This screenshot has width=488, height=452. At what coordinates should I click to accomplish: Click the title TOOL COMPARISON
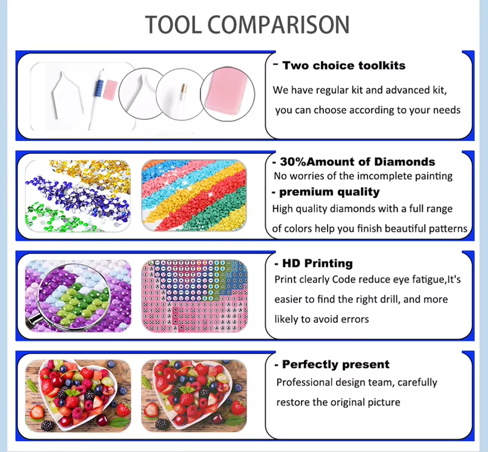pos(248,24)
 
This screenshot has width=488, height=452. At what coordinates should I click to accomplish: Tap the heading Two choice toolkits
pos(344,65)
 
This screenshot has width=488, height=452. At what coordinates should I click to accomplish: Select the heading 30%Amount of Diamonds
pos(357,162)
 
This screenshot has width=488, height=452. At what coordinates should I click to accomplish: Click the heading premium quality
pos(329,192)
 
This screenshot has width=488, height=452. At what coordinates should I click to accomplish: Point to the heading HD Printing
pos(317,263)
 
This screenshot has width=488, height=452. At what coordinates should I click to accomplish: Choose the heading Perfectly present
pos(336,364)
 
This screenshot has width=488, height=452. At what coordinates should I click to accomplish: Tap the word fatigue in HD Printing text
pos(429,279)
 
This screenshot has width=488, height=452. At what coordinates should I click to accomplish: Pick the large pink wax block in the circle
pos(227,94)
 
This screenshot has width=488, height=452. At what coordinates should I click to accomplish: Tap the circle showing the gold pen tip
pos(181,94)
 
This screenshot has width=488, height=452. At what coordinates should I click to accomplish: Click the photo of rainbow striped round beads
pos(194,196)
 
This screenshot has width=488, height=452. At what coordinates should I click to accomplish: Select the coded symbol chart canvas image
pos(194,296)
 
